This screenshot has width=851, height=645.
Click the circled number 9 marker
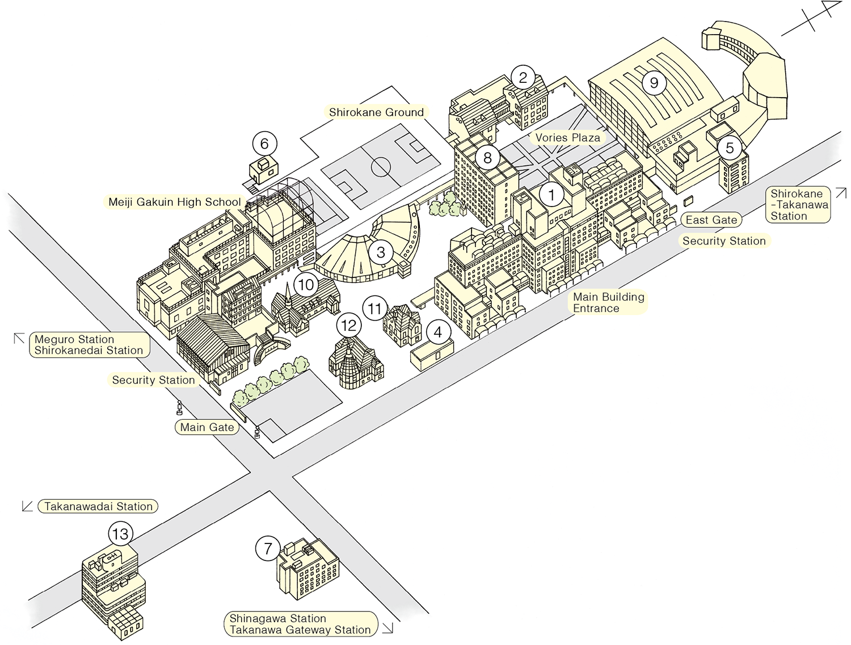pos(654,83)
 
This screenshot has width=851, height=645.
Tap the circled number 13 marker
pos(120,534)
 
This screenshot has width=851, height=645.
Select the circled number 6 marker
pos(264,144)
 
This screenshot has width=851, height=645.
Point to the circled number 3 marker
pos(381,252)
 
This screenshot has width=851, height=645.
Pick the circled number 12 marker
pos(348,326)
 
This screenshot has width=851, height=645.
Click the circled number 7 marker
pos(268,549)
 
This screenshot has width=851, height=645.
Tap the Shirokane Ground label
pos(376,112)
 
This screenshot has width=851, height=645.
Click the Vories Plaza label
pos(567,137)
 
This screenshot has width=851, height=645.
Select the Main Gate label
pos(207,427)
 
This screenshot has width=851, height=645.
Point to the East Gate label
pos(711,220)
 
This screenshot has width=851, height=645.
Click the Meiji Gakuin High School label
pos(175,202)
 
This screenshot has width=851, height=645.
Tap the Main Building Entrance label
pos(608,302)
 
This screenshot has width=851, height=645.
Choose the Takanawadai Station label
pos(98,507)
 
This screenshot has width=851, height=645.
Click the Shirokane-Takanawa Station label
pos(799,205)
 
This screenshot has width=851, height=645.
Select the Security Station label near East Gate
pos(724,241)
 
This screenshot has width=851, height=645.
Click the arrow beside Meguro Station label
pos(19,338)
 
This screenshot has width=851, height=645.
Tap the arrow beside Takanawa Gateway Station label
pos(388,628)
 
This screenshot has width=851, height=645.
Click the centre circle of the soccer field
pos(381,167)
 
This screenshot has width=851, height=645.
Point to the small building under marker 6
pos(264,168)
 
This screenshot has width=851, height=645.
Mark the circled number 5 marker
pos(730,149)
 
